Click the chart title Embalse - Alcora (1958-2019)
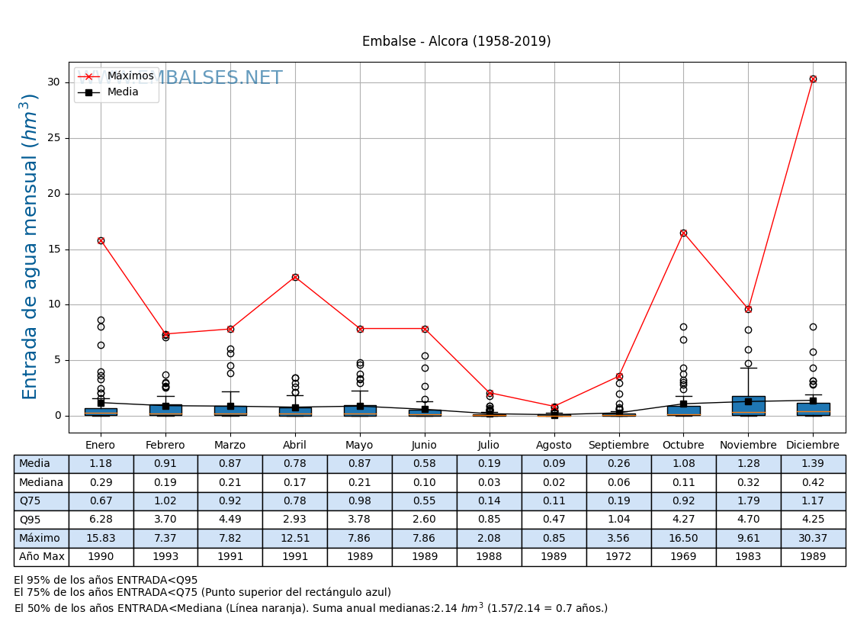(x=456, y=42)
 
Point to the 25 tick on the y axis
(x=54, y=138)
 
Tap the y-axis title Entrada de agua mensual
(x=30, y=246)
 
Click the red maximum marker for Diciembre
(x=813, y=79)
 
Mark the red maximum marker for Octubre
(x=683, y=233)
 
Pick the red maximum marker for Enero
(x=101, y=240)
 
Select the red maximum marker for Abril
(x=295, y=277)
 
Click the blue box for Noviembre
(x=748, y=405)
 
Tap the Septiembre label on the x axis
(x=618, y=446)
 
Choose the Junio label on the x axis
(x=424, y=446)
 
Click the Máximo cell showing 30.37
(x=813, y=539)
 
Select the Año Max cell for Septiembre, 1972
(x=618, y=557)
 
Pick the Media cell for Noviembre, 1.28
(x=748, y=464)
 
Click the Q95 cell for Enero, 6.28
(x=101, y=520)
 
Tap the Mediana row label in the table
(x=41, y=482)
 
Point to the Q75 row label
(x=41, y=501)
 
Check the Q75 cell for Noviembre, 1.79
(x=748, y=501)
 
